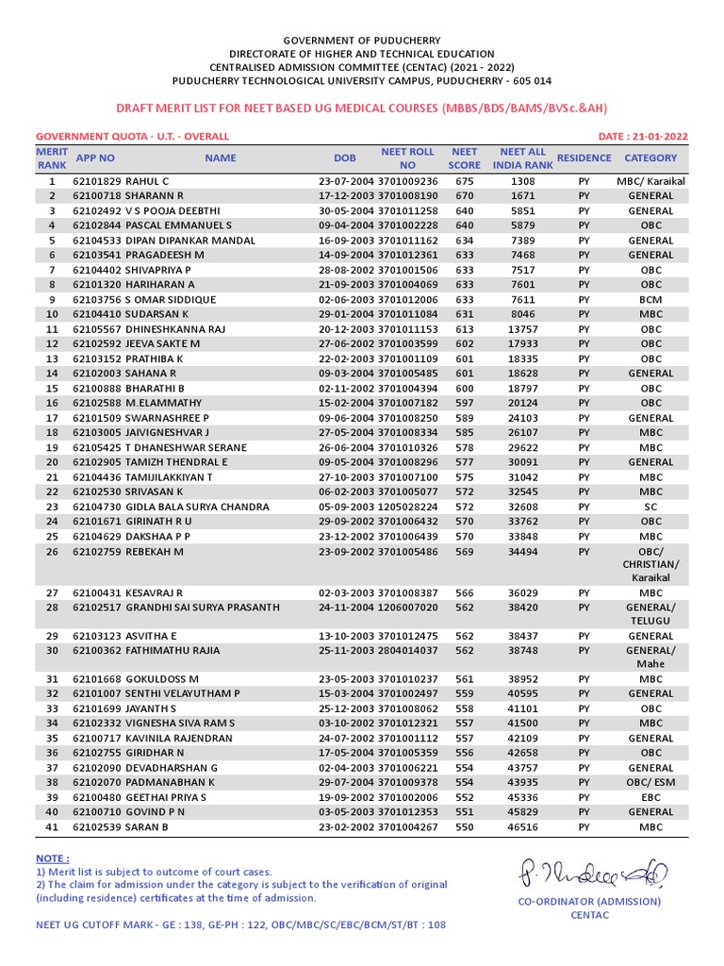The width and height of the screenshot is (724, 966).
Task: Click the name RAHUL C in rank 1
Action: [x=147, y=181]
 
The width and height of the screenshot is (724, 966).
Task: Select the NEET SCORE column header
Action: [x=464, y=158]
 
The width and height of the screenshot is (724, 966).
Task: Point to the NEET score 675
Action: [x=464, y=181]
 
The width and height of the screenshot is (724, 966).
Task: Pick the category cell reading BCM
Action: [x=650, y=300]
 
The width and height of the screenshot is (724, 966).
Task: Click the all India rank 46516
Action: [x=523, y=827]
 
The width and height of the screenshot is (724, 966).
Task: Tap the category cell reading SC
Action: [x=650, y=507]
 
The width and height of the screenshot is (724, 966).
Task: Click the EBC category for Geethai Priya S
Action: [x=650, y=797]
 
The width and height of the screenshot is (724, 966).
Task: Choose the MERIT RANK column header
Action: [x=53, y=158]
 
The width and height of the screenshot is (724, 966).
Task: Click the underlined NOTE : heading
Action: [x=52, y=858]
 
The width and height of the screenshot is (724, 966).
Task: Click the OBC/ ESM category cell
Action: [x=650, y=783]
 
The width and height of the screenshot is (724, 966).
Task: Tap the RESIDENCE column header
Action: [x=584, y=158]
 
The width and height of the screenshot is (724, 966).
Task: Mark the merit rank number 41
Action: [x=53, y=827]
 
